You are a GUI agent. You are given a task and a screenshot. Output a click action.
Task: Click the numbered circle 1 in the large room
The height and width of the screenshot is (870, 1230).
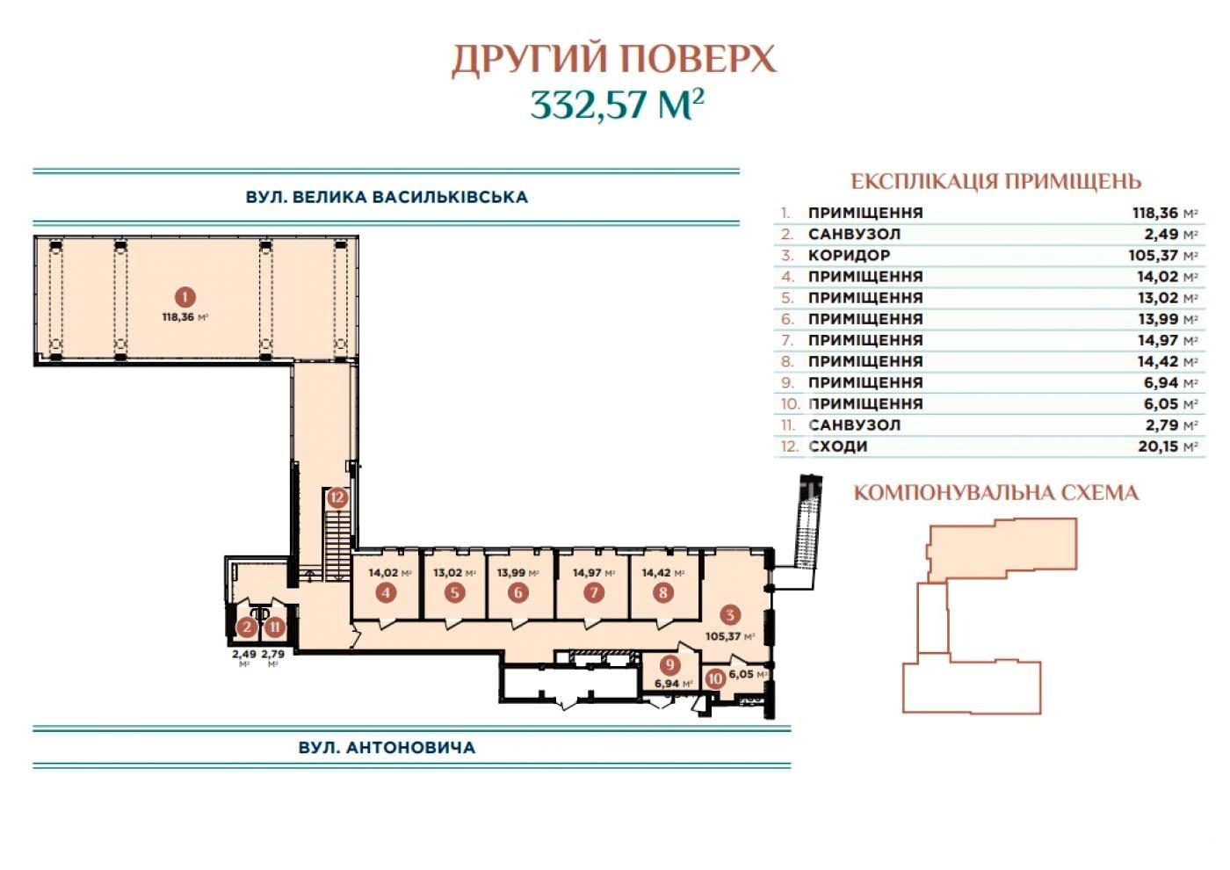click(185, 298)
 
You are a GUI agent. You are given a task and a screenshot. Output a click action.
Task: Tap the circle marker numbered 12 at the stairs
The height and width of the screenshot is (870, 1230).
click(337, 497)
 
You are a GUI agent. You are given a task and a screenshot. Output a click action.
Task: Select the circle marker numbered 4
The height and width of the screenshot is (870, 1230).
click(387, 592)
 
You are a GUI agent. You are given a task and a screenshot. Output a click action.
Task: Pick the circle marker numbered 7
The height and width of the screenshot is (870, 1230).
click(594, 592)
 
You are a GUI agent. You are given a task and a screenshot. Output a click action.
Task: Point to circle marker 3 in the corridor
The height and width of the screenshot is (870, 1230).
click(730, 614)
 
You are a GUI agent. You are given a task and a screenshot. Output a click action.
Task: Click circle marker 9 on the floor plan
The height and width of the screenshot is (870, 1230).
click(669, 665)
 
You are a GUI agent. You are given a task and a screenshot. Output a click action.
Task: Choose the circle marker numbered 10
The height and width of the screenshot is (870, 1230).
click(715, 679)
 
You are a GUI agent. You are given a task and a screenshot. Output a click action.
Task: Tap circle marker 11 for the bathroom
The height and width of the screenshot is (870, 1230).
click(275, 627)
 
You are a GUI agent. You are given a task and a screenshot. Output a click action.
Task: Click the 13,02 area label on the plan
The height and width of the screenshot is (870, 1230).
click(454, 573)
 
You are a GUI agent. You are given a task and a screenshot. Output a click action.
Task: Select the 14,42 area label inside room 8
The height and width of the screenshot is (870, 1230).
click(662, 573)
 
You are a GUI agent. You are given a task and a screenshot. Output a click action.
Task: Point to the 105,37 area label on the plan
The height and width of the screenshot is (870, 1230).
click(730, 636)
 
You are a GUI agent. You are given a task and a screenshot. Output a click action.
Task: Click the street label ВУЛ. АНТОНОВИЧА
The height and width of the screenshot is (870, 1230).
click(387, 748)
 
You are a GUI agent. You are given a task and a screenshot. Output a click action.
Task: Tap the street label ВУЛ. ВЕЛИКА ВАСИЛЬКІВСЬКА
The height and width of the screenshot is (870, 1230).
click(387, 197)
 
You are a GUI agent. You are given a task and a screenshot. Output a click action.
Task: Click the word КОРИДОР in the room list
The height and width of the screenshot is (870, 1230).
click(849, 256)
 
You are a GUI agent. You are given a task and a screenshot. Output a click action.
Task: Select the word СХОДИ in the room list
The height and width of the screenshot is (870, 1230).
click(838, 446)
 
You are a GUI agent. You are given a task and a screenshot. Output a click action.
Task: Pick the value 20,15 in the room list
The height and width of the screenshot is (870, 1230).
click(1159, 446)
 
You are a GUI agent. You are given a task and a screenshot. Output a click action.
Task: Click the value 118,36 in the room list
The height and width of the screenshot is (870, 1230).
click(1156, 213)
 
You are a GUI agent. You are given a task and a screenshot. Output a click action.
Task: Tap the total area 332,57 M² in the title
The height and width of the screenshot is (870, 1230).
click(617, 105)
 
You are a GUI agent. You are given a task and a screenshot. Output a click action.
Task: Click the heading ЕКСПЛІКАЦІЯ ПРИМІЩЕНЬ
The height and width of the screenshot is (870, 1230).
click(996, 181)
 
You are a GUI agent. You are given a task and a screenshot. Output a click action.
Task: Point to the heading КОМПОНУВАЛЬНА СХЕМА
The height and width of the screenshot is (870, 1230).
click(996, 493)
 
